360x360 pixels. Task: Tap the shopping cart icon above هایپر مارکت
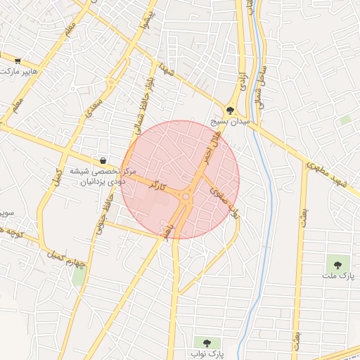click(x=17, y=61)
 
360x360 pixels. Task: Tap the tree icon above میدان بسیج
click(x=230, y=110)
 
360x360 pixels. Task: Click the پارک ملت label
click(x=337, y=276)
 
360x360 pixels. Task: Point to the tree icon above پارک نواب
click(x=207, y=342)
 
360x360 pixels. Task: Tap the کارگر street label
click(x=158, y=186)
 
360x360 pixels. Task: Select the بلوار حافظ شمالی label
click(x=143, y=107)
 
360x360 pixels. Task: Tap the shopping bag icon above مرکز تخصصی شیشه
click(x=104, y=161)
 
